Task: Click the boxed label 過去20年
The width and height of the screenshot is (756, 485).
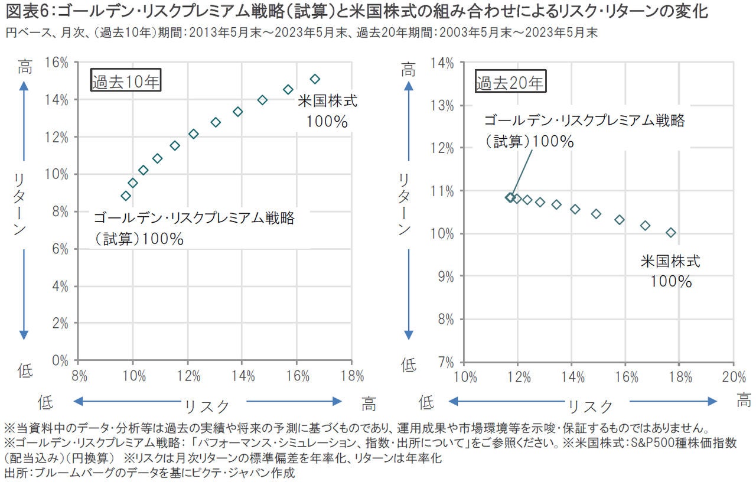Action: [x=510, y=82]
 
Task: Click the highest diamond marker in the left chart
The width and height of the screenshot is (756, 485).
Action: [x=315, y=79]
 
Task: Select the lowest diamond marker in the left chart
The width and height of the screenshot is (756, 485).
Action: [x=125, y=196]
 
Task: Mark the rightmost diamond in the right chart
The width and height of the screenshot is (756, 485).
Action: [x=671, y=233]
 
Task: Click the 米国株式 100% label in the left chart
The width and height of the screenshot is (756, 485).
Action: [x=327, y=110]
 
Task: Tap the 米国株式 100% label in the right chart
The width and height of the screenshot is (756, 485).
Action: [x=671, y=271]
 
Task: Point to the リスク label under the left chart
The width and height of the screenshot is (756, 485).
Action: [x=207, y=405]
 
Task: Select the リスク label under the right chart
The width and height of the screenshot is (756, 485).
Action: [x=591, y=405]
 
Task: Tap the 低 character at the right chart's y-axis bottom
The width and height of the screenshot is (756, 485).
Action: [x=409, y=365]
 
